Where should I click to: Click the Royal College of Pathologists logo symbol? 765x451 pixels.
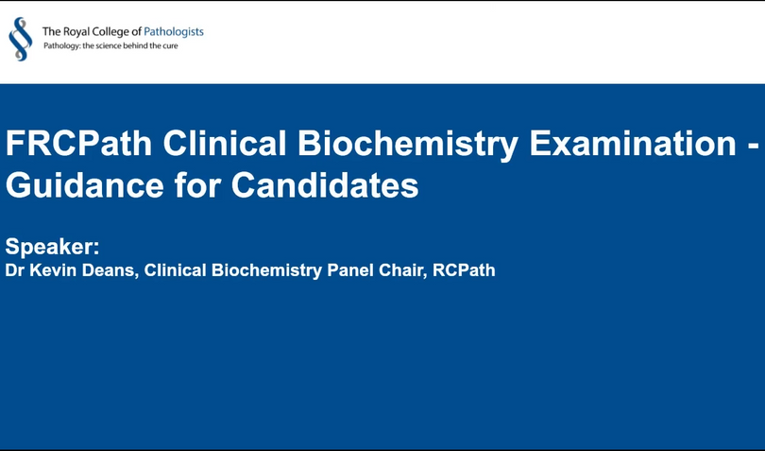click(21, 39)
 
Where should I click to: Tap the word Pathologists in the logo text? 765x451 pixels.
click(174, 32)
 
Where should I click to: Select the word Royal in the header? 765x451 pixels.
click(72, 32)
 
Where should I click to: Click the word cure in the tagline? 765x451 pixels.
click(170, 46)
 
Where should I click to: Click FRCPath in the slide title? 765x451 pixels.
click(79, 143)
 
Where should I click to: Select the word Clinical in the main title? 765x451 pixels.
click(225, 143)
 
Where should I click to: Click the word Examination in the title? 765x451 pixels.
click(633, 143)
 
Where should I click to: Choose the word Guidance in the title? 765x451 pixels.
click(84, 185)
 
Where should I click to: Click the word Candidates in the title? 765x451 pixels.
click(325, 185)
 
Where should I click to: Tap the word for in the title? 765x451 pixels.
click(197, 185)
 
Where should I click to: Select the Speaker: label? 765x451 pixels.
click(52, 246)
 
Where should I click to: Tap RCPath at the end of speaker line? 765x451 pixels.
click(464, 270)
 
